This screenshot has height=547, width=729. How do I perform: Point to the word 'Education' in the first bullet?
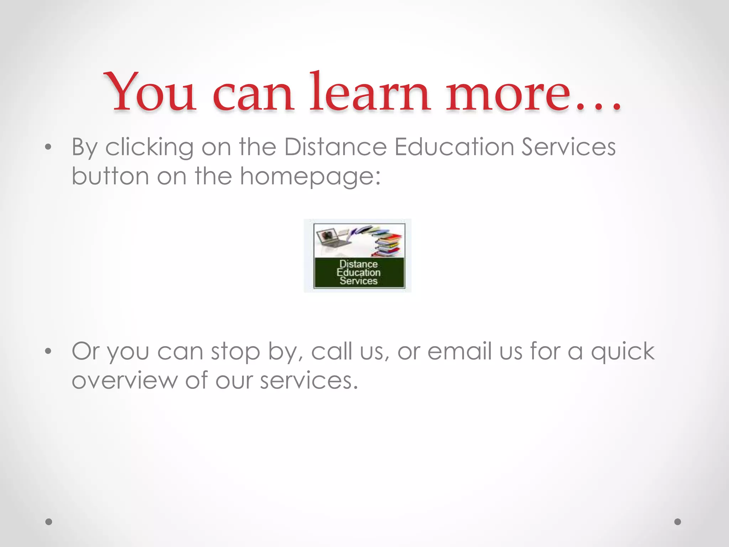click(454, 147)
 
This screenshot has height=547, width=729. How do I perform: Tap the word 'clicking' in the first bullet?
click(150, 147)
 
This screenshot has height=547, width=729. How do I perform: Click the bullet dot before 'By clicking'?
click(48, 147)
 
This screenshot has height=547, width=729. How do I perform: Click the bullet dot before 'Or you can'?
click(48, 352)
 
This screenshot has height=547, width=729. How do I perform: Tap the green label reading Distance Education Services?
click(359, 273)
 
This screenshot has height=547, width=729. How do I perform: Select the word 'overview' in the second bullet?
click(124, 381)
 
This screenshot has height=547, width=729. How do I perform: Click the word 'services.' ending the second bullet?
click(309, 381)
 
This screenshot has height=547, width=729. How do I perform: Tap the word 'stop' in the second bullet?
click(235, 352)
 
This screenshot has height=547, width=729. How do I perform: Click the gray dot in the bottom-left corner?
click(49, 522)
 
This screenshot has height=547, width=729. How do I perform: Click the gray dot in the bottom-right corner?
click(678, 522)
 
